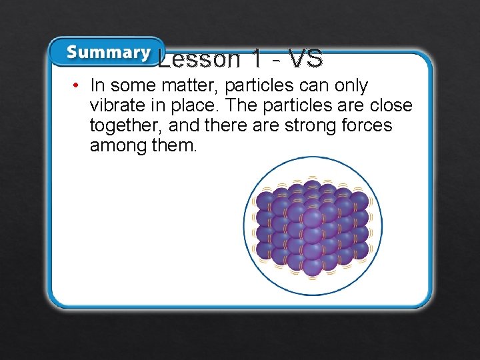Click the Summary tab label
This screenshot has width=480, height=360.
click(108, 53)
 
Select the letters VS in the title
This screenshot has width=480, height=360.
click(306, 59)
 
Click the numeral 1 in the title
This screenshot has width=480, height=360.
click(256, 59)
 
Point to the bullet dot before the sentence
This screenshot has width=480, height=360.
click(77, 86)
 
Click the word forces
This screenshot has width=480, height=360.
click(367, 126)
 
